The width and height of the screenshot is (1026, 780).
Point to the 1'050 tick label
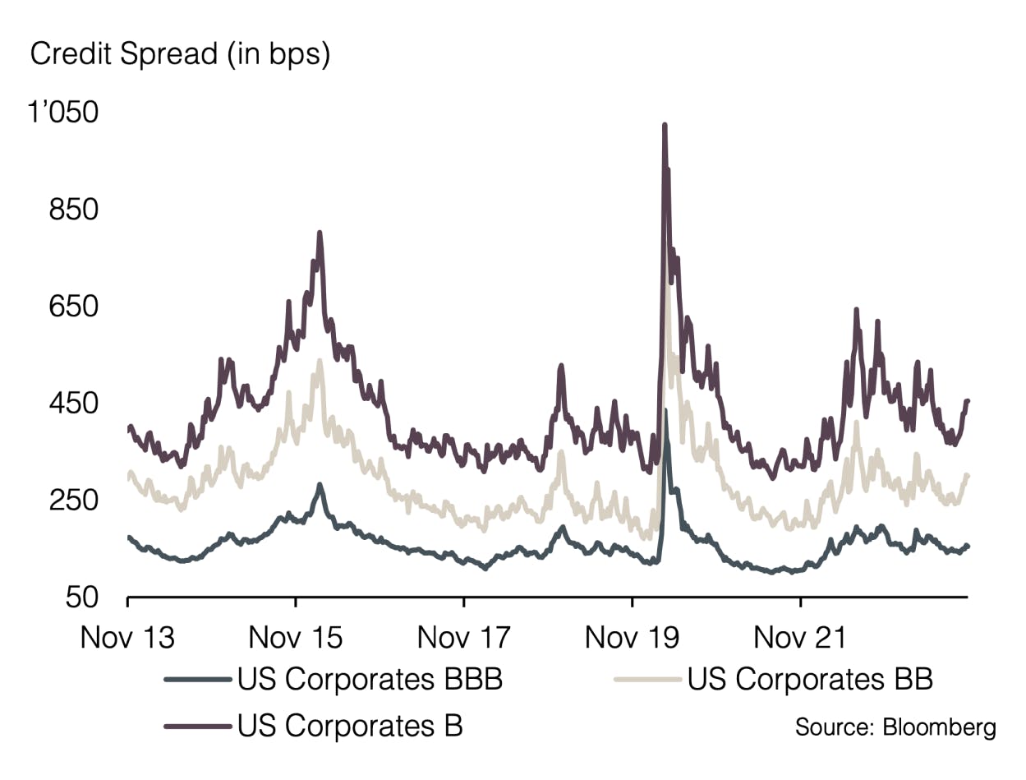[63, 113]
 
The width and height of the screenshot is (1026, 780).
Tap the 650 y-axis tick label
[75, 307]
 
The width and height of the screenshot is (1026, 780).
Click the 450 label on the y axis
[75, 404]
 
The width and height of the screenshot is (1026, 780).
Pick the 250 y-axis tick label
[75, 501]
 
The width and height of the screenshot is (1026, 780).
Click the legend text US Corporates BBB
[370, 680]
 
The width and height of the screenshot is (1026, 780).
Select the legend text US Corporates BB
[810, 680]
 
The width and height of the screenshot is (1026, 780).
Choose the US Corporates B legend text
[351, 726]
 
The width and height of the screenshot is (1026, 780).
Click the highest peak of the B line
[665, 126]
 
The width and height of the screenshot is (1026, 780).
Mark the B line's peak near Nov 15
[320, 233]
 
